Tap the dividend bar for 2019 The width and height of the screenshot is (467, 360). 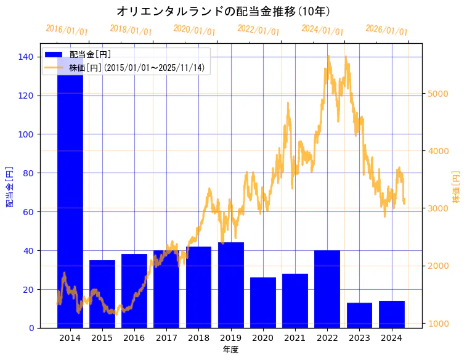(231, 285)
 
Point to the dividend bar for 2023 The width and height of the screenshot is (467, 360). (359, 315)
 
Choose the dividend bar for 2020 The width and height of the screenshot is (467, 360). (263, 302)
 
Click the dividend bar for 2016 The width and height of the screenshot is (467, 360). (134, 290)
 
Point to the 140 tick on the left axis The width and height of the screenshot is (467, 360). (26, 57)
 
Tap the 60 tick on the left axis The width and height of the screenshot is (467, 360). (29, 211)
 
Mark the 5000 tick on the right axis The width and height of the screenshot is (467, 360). (437, 94)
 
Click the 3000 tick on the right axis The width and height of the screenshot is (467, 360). (437, 208)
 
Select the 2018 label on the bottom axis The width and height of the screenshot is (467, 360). (198, 338)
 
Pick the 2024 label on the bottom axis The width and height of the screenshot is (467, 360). (391, 338)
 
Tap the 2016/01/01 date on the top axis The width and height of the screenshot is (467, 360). (67, 30)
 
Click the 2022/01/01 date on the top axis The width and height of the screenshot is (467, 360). (258, 30)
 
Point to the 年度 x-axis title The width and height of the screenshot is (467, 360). (230, 350)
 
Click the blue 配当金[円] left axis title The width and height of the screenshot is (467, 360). (10, 186)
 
